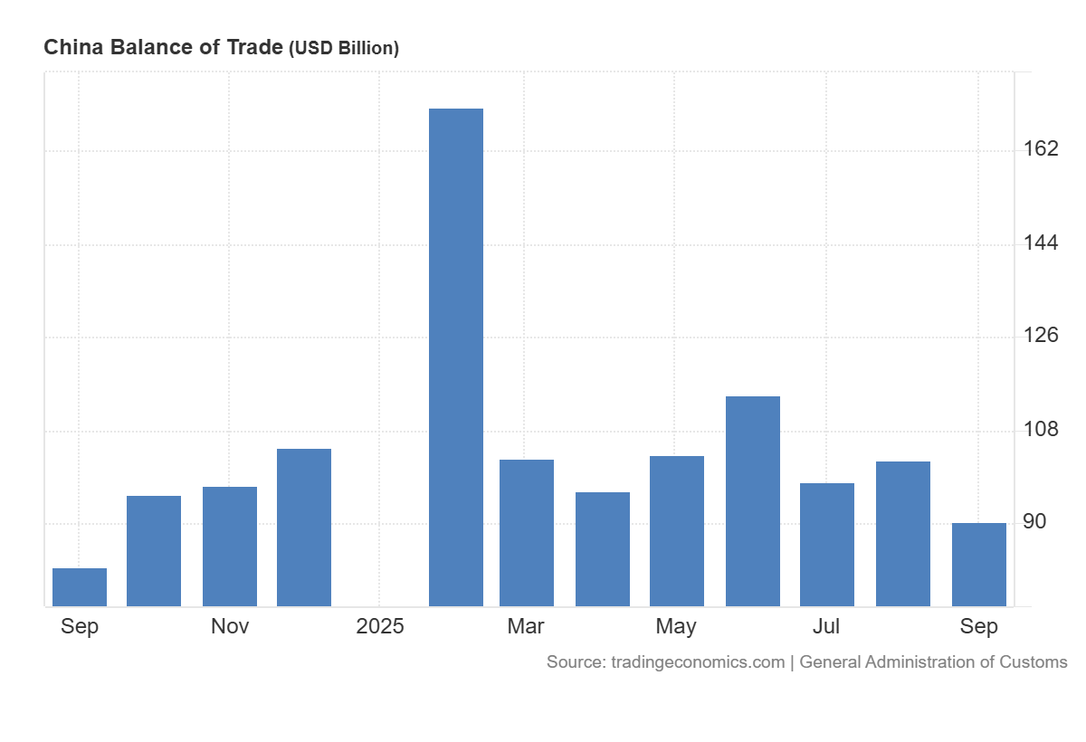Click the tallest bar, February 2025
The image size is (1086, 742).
coord(456,357)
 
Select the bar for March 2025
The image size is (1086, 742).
coord(527,533)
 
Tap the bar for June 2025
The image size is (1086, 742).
coord(753,501)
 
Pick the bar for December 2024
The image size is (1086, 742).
coord(304,528)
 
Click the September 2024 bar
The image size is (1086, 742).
coord(80,587)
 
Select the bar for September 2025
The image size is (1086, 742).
coord(979,565)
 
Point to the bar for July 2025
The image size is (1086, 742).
coord(827,545)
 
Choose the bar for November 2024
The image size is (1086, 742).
coord(230,547)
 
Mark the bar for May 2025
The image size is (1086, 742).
coord(677,531)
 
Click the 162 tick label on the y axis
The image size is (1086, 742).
coord(1041,148)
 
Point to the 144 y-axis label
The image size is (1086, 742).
coord(1041,243)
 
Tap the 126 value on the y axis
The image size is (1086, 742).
coord(1041,336)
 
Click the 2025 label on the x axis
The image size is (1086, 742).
coord(380,626)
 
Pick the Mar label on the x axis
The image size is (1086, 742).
coord(526,626)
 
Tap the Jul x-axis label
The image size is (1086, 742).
coord(826,626)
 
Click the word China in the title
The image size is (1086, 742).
coord(73,47)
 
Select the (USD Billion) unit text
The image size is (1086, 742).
coord(344,49)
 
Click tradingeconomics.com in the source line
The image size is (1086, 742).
coord(698,662)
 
